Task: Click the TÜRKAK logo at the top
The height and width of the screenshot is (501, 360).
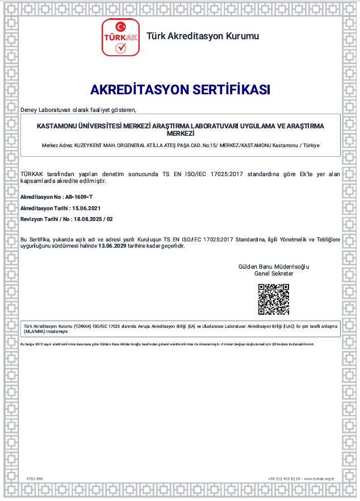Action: (120, 37)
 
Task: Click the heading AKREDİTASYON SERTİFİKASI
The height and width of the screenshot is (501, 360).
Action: (180, 90)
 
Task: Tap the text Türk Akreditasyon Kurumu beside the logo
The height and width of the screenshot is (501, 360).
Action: (203, 36)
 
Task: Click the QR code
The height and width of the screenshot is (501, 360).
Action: (274, 299)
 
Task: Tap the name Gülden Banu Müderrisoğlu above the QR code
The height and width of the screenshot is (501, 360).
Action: (274, 267)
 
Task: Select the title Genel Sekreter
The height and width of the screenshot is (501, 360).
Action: (274, 273)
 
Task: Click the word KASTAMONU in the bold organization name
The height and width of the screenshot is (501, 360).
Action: (56, 126)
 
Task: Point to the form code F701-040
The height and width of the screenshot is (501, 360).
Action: (35, 479)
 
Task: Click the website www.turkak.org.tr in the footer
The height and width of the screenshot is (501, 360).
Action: (323, 479)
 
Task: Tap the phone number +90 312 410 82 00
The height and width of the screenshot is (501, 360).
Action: (284, 479)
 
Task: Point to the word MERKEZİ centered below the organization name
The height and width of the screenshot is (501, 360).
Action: (180, 132)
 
